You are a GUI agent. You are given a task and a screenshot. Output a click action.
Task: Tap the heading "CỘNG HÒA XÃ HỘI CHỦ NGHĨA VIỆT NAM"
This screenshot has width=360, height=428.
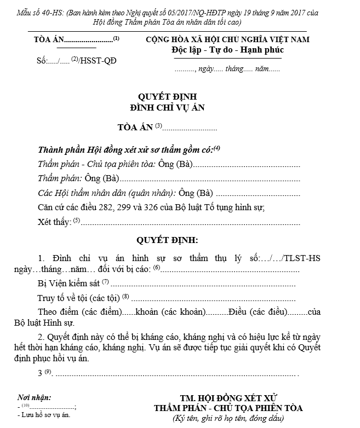tap(227, 40)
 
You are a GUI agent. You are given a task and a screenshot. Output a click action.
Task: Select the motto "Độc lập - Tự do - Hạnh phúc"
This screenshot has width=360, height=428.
tap(227, 50)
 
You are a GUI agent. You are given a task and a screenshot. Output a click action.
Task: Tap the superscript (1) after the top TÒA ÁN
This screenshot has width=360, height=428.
tap(116, 38)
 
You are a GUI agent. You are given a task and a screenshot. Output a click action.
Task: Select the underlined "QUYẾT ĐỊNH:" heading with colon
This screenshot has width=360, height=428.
tap(167, 240)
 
